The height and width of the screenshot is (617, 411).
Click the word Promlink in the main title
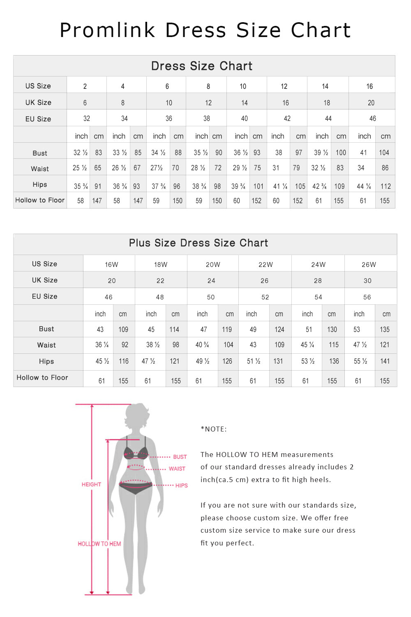pos(108,30)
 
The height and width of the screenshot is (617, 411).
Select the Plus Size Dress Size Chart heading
pos(199,243)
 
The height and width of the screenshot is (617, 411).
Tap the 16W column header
pos(111,264)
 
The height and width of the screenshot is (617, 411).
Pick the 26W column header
pos(369,264)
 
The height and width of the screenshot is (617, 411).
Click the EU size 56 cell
pos(367,297)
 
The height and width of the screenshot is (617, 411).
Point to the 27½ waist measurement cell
pos(157,168)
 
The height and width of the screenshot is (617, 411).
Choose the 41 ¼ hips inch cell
pos(280,186)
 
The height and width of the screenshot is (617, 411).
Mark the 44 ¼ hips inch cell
pos(364,186)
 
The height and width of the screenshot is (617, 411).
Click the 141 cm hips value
pos(385,361)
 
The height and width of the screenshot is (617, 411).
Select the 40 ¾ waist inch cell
pos(202,345)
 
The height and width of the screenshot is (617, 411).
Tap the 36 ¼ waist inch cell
pos(102,345)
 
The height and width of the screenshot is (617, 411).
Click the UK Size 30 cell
pos(367,281)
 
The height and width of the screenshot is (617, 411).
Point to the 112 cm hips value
pos(386,186)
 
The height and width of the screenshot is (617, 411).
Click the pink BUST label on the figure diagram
pos(180,457)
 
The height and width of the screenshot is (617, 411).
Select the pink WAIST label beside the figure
pos(177,469)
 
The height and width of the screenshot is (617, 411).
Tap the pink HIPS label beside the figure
pos(181,485)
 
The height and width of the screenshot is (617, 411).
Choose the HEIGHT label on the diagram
pos(91,485)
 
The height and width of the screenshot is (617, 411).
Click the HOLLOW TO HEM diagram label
pos(99,544)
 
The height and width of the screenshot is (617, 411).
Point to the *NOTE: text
pos(214,429)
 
